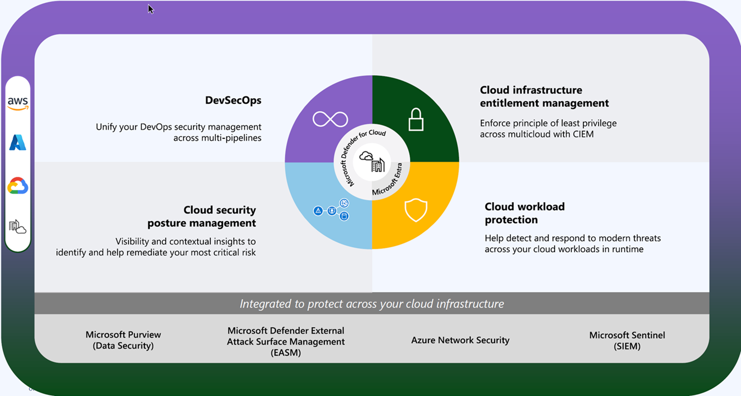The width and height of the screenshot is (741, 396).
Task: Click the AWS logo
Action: coord(18,103)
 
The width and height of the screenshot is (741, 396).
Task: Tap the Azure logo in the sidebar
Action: coord(18,143)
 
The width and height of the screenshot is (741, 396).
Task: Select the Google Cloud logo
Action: coord(18,185)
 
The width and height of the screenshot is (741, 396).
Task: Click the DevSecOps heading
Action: coord(233,100)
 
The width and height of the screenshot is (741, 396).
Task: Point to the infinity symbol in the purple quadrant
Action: coord(330,119)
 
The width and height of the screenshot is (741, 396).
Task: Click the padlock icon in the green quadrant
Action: coord(416,119)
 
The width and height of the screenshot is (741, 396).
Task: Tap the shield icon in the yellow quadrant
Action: coord(416,210)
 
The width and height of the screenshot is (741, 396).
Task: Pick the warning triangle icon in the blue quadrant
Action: coord(318,211)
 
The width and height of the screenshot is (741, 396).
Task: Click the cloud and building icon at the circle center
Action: coord(372,162)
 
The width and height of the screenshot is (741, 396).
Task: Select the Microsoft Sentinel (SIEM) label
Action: coord(627,340)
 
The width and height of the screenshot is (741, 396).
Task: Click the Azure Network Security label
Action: coord(460,340)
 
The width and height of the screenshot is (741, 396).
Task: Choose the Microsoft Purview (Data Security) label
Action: coord(123,340)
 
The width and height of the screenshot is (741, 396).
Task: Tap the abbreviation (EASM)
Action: coord(286,353)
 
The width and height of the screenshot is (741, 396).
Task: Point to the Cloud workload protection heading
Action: coord(525,213)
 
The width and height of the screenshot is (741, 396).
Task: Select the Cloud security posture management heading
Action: coord(202,217)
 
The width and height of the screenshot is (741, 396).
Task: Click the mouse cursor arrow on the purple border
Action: coord(151,9)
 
